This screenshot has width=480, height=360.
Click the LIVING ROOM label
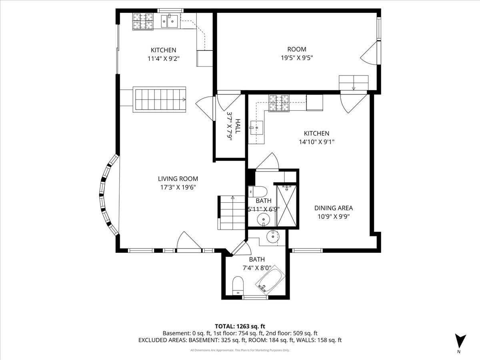click(178, 179)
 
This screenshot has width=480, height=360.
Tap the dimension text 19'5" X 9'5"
click(296, 57)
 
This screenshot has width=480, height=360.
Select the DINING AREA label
click(333, 208)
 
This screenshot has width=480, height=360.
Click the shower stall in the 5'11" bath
click(286, 206)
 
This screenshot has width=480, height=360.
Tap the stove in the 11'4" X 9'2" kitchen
click(143, 22)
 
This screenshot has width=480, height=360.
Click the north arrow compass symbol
click(460, 341)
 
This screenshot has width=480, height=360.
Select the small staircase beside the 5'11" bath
click(231, 212)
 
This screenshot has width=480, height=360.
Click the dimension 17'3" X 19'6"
click(178, 187)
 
